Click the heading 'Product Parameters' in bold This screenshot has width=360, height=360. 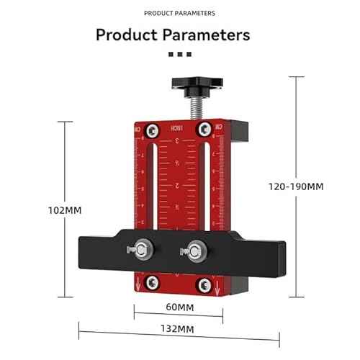click(173, 35)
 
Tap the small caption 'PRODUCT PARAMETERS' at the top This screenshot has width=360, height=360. click(179, 13)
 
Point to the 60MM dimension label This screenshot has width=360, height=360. click(179, 307)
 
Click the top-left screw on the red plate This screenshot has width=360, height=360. click(153, 130)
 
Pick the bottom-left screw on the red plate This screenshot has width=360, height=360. click(153, 281)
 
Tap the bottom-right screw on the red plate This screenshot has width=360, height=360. click(207, 281)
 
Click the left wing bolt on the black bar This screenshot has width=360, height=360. click(142, 251)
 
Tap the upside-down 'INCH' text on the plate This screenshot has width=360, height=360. click(177, 127)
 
